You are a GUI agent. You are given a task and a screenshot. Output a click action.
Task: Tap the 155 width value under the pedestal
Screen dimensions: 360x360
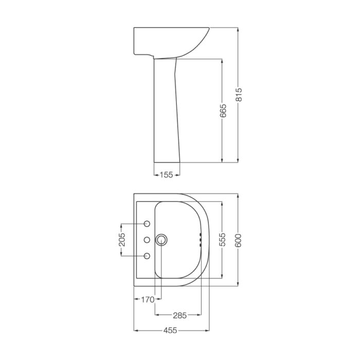coord(166,175)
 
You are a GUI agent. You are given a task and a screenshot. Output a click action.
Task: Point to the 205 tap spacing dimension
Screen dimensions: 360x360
coord(122,240)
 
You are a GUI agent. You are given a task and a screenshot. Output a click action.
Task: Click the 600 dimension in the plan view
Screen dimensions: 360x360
coord(238,240)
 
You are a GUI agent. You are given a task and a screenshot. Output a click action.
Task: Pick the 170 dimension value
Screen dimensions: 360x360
coord(148,298)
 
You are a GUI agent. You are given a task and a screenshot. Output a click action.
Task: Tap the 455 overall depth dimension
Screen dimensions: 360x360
coord(172,330)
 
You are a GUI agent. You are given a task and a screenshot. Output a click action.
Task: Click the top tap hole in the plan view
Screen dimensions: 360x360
coord(147,224)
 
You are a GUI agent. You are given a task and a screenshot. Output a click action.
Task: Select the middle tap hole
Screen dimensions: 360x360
coord(147,240)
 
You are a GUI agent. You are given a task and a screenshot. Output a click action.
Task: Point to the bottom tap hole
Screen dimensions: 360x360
coord(147,256)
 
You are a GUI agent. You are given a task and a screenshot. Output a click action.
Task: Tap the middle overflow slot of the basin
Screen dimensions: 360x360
coord(200,240)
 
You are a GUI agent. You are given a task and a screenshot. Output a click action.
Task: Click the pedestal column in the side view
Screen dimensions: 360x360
coord(166,113)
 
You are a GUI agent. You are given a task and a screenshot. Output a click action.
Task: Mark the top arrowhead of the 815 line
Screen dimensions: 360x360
coord(238,30)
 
